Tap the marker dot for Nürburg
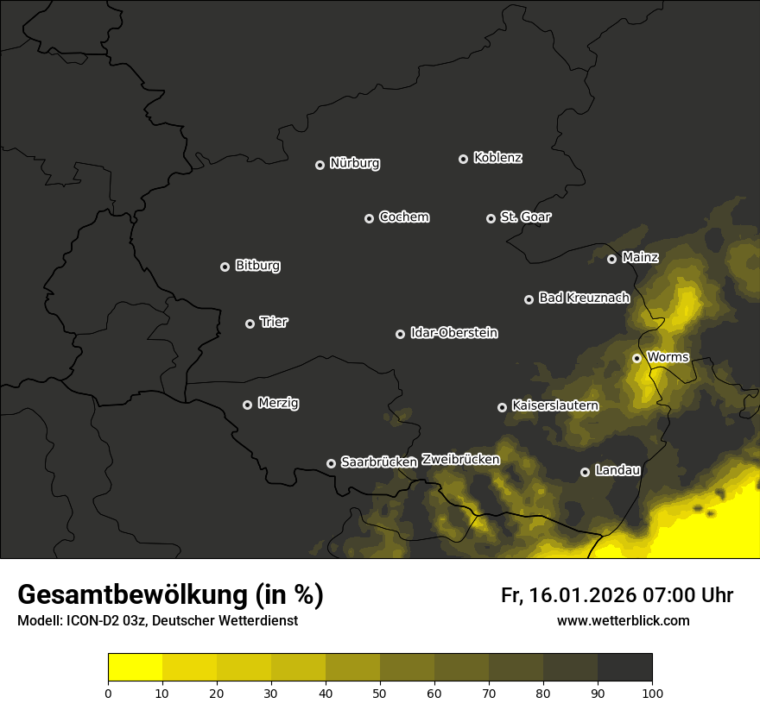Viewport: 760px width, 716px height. coord(320,165)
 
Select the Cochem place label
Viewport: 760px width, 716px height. coord(403,217)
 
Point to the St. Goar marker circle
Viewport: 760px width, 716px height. coord(491,218)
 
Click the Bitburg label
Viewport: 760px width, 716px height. coord(257,266)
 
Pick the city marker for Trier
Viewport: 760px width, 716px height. coord(250,323)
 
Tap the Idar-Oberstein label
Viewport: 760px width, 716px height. coord(453,333)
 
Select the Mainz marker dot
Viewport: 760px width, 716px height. coord(611,259)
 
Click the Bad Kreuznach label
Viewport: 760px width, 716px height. coord(584,298)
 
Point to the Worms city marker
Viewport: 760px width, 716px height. coord(636,358)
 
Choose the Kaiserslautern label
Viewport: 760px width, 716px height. coord(554,405)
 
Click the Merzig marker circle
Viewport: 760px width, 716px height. coord(247,405)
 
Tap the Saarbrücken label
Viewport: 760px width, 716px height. coord(378,462)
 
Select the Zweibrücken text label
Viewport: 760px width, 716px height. coord(460,460)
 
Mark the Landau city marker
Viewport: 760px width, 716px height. coord(585,472)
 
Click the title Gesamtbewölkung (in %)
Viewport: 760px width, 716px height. coord(170,595)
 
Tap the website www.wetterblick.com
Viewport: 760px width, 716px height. coord(623,620)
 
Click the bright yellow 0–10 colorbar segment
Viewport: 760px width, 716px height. coord(135,668)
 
